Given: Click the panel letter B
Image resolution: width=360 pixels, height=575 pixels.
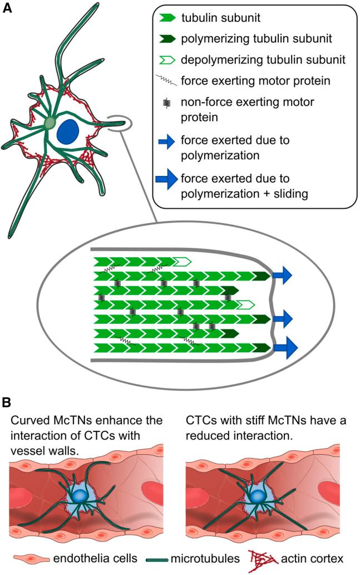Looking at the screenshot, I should tap(7, 401).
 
